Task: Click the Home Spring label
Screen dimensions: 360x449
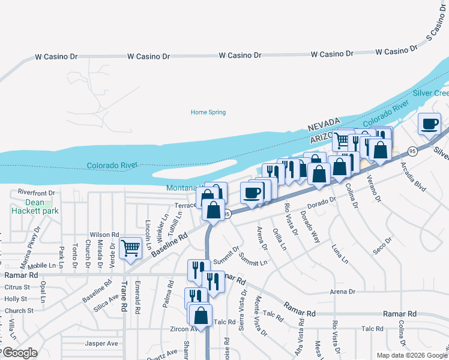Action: [x=208, y=112]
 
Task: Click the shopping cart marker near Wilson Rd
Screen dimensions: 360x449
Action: [x=130, y=248]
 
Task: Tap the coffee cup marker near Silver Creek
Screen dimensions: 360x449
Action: [x=429, y=124]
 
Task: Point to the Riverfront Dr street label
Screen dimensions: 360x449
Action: [x=36, y=193]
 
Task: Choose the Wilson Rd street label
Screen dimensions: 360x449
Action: [x=104, y=235]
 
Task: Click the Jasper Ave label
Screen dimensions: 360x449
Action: [x=101, y=344]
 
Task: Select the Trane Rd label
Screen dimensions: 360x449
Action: [x=124, y=296]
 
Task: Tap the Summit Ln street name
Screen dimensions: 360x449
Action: [x=252, y=260]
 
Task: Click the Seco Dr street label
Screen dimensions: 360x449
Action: [x=382, y=244]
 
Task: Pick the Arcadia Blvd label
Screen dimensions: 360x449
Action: [x=417, y=179]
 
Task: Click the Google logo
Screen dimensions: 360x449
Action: [x=20, y=353]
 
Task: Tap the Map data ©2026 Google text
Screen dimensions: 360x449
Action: [x=411, y=355]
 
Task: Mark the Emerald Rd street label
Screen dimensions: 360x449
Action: [x=137, y=293]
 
